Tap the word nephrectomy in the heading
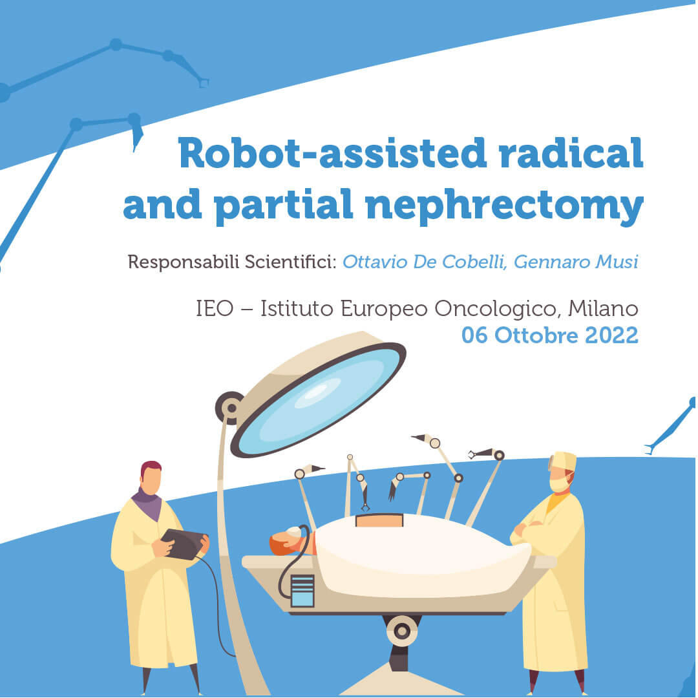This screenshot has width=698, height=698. coord(504,205)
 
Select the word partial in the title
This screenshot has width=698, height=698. coord(283,205)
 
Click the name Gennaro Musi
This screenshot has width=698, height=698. coord(576,262)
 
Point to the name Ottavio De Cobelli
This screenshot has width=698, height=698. coord(425,262)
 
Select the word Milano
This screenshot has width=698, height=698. coord(603,308)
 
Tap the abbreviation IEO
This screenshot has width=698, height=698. coord(215,308)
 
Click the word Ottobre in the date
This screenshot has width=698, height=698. coord(536,335)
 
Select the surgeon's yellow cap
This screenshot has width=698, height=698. coord(564,460)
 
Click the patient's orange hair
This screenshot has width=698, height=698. coord(278,545)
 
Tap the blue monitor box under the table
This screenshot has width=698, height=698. coord(302,591)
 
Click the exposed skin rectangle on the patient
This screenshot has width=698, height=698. coord(379,520)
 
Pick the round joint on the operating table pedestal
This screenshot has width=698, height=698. coord(402,631)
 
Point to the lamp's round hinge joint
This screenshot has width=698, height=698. coord(230,407)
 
